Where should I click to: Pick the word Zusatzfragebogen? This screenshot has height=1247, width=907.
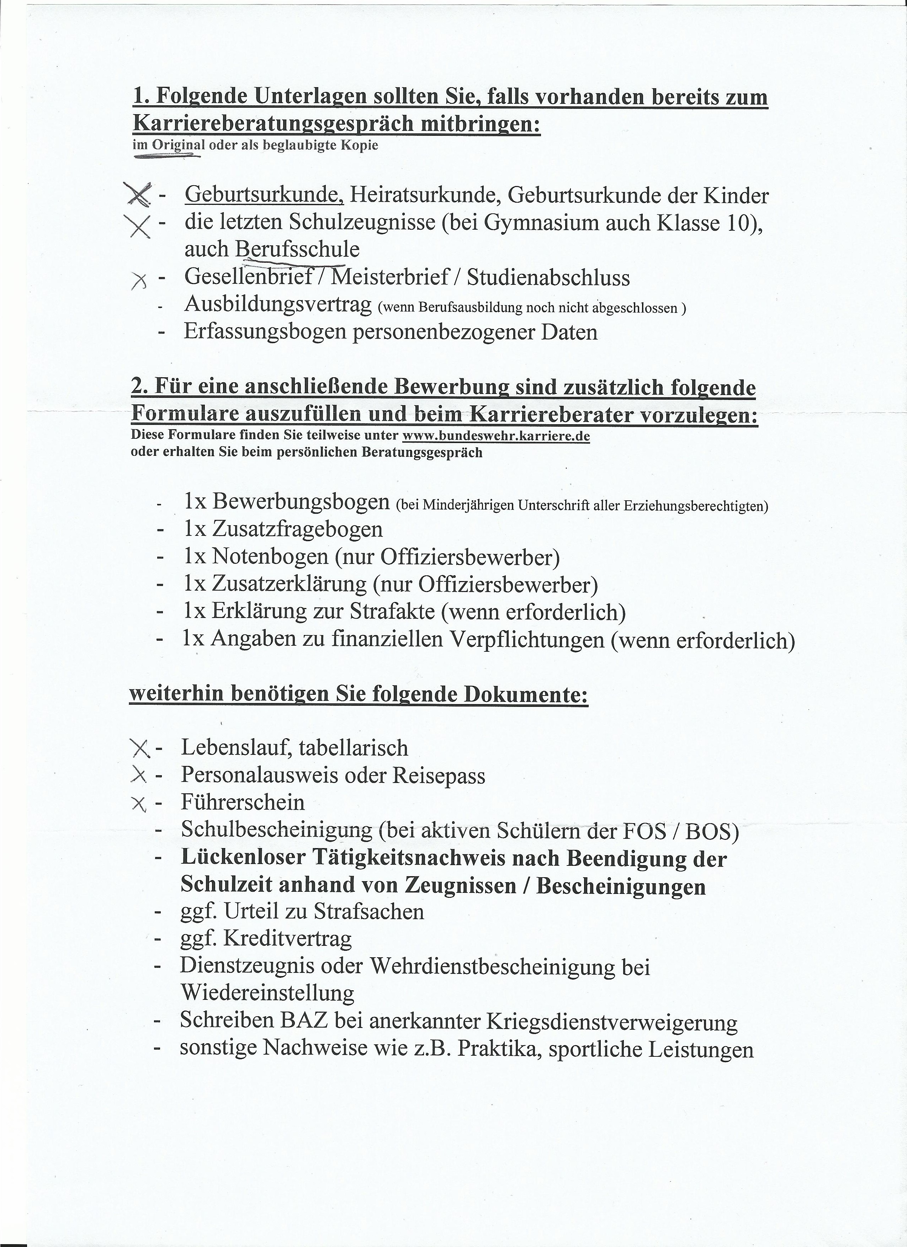point(297,529)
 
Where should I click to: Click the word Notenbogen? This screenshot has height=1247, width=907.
point(270,556)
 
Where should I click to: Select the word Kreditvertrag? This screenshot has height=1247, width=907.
point(287,939)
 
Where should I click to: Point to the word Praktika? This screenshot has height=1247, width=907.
point(500,1049)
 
